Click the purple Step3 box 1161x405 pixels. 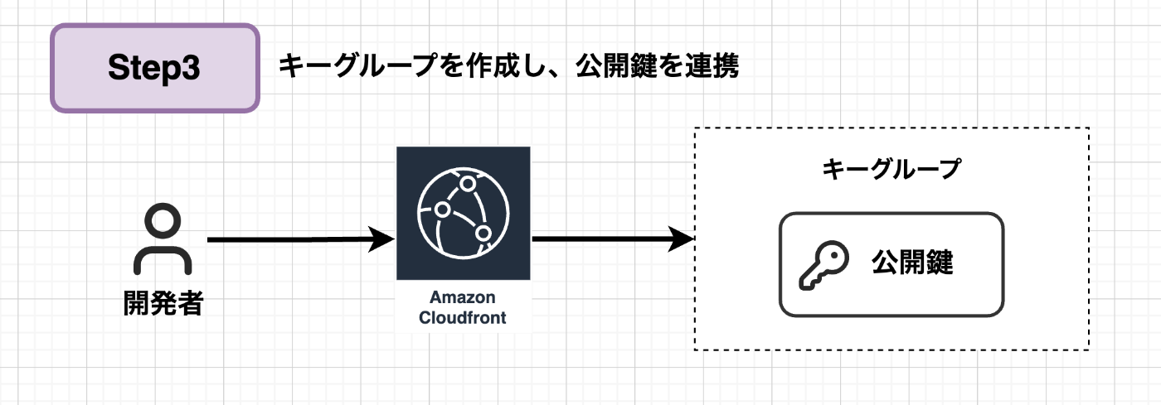pyautogui.click(x=154, y=68)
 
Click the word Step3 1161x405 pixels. pyautogui.click(x=154, y=69)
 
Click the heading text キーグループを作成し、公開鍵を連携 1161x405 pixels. pyautogui.click(x=508, y=66)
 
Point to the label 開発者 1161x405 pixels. pyautogui.click(x=163, y=303)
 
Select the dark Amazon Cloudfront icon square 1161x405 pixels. pyautogui.click(x=463, y=214)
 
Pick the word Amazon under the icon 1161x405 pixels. pyautogui.click(x=462, y=298)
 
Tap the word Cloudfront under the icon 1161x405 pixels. pyautogui.click(x=462, y=317)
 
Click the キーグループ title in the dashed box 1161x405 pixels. pyautogui.click(x=891, y=170)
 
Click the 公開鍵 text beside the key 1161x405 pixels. pyautogui.click(x=912, y=263)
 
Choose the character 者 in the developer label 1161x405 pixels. pyautogui.click(x=190, y=303)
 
